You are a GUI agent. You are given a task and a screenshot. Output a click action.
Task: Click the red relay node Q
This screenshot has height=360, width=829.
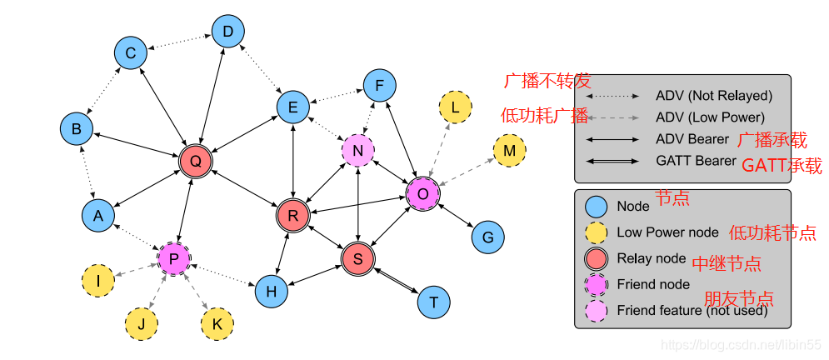tap(196, 162)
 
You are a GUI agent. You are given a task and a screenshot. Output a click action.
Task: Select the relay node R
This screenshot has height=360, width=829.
tap(292, 216)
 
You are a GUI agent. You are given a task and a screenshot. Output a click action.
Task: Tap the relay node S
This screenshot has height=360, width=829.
tap(358, 259)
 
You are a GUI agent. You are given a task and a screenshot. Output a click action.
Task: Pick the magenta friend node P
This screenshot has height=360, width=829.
tap(174, 258)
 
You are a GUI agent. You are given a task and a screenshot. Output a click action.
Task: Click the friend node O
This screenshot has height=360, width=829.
tap(422, 193)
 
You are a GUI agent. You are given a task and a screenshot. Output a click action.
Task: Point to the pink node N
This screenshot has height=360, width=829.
tap(358, 150)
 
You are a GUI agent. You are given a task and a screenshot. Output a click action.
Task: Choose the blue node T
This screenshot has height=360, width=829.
tap(433, 302)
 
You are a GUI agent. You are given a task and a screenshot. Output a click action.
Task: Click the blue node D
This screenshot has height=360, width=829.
tap(227, 32)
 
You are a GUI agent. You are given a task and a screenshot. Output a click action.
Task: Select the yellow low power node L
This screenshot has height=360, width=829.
tap(455, 107)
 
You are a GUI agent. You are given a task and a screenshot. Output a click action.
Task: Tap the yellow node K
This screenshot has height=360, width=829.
tap(217, 323)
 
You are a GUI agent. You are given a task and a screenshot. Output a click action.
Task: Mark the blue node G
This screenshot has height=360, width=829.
tap(488, 237)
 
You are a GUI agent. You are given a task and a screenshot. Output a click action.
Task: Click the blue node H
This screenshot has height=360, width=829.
tap(271, 291)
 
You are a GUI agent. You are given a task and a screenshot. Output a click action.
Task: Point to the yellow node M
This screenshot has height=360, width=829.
tap(510, 151)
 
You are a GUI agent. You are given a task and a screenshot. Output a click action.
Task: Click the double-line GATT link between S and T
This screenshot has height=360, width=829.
tap(396, 281)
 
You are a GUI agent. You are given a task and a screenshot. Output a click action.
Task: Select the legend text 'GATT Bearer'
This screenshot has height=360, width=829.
tap(696, 161)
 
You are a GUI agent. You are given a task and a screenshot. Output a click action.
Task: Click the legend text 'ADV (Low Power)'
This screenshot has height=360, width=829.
tap(709, 117)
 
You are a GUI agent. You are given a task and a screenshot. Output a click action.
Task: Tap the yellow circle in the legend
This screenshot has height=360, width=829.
tap(596, 232)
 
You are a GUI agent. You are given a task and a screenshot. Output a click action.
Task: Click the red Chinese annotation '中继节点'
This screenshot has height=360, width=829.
tap(727, 264)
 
